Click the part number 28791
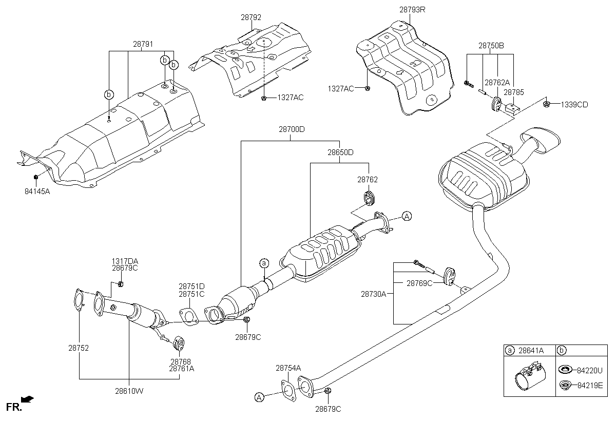[143, 45]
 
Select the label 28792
[251, 17]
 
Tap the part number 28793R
[412, 10]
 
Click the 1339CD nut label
[574, 105]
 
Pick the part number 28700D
[292, 130]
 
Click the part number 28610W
[129, 391]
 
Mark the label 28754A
[288, 368]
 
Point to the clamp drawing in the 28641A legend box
[530, 377]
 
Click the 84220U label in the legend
[590, 370]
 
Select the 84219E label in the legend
[590, 385]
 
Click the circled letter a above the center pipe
[264, 263]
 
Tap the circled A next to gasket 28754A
[260, 396]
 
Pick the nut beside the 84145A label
[36, 178]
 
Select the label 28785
[513, 93]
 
